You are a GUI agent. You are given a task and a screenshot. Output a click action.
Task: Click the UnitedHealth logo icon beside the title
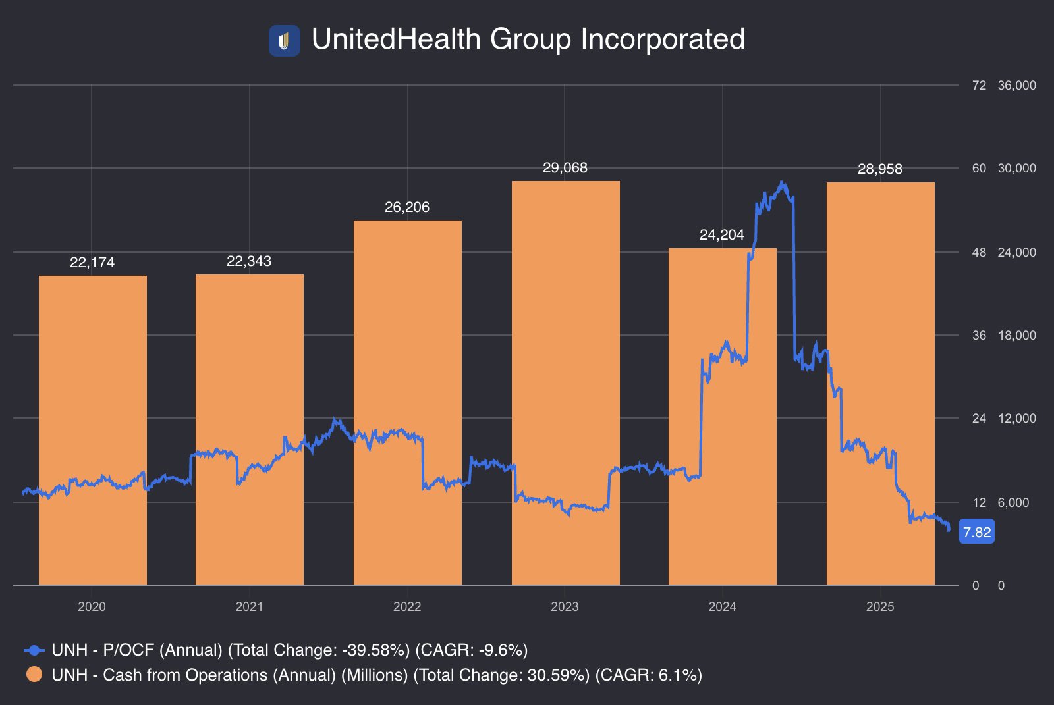[284, 41]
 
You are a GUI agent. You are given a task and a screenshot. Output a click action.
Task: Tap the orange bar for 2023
[565, 382]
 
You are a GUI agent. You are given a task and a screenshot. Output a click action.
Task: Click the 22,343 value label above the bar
[249, 261]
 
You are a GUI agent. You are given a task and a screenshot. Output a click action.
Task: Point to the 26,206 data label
[407, 207]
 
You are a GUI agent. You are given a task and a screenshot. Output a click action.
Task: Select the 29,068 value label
[565, 168]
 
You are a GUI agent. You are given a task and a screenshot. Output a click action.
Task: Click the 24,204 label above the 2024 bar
[722, 235]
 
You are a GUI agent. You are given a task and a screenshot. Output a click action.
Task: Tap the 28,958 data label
[880, 169]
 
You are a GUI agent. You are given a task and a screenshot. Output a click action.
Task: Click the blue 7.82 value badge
[977, 532]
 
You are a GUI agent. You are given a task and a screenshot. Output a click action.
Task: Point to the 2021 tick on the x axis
[249, 606]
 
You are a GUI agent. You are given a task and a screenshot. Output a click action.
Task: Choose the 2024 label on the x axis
[722, 606]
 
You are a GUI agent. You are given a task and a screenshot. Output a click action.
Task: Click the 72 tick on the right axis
[979, 85]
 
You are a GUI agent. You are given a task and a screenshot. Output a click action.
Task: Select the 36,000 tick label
[1016, 85]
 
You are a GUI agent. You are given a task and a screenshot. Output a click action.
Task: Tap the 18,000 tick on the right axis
[1016, 335]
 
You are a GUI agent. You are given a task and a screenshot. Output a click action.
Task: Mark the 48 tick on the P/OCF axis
[979, 252]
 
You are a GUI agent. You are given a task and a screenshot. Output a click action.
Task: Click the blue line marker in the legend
[34, 650]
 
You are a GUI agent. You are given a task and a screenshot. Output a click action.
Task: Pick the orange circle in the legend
[34, 675]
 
